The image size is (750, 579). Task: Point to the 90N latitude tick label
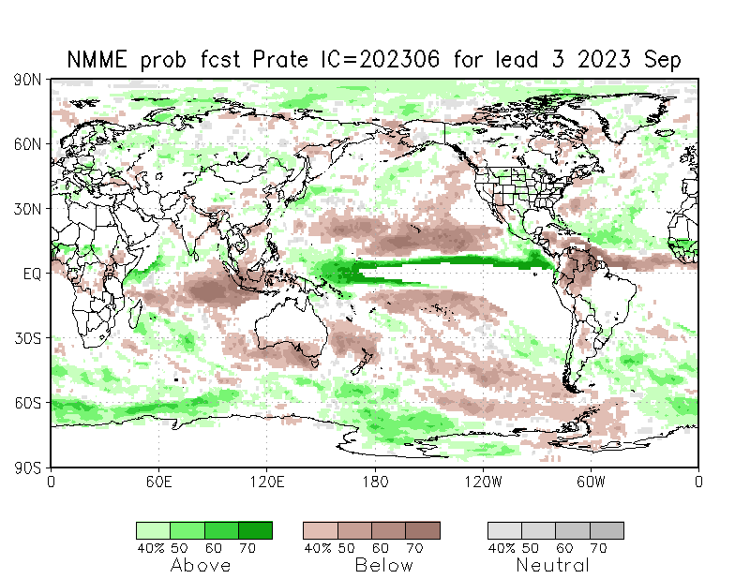pyautogui.click(x=27, y=81)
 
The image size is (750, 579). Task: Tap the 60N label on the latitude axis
pyautogui.click(x=27, y=144)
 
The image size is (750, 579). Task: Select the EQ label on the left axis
pyautogui.click(x=31, y=274)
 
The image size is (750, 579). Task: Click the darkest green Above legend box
pyautogui.click(x=255, y=530)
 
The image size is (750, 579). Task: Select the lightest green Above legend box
pyautogui.click(x=153, y=530)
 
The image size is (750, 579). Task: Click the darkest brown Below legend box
pyautogui.click(x=423, y=530)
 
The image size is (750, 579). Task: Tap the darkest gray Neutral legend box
pyautogui.click(x=607, y=530)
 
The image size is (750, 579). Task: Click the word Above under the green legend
pyautogui.click(x=201, y=565)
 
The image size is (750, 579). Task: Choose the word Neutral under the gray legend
pyautogui.click(x=553, y=565)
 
